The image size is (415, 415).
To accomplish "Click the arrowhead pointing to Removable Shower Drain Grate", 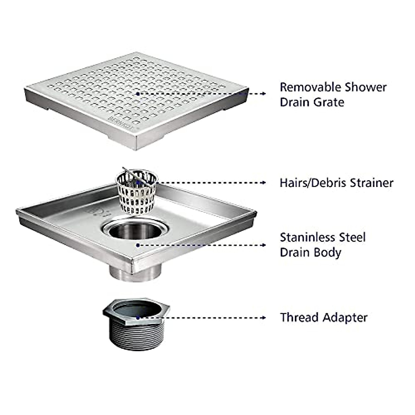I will pyautogui.click(x=264, y=93).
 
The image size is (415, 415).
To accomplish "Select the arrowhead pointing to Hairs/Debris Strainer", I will pyautogui.click(x=264, y=183).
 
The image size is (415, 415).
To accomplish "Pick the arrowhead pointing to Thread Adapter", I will pyautogui.click(x=264, y=317).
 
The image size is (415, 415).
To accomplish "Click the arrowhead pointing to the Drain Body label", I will pyautogui.click(x=264, y=245).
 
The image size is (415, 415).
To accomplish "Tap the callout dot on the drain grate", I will pyautogui.click(x=138, y=93).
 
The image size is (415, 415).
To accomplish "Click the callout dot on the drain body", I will pyautogui.click(x=138, y=245).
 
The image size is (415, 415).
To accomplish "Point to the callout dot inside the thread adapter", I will pyautogui.click(x=138, y=317).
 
